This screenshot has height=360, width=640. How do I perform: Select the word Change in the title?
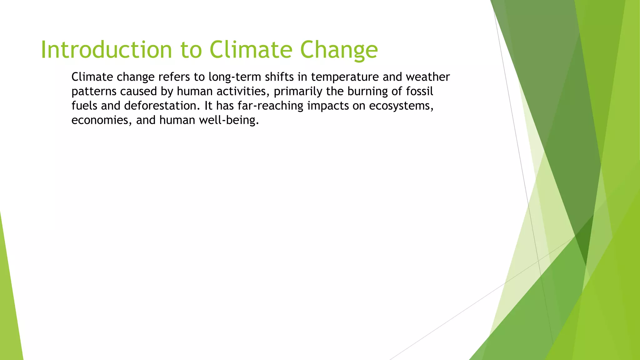339,50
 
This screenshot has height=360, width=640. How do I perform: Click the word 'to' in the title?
191,50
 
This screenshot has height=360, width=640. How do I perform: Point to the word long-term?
235,77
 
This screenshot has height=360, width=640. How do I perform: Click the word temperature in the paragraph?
345,77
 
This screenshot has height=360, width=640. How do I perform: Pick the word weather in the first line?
428,77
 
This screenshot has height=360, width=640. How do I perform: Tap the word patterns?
94,92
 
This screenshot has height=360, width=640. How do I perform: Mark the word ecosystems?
401,106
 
